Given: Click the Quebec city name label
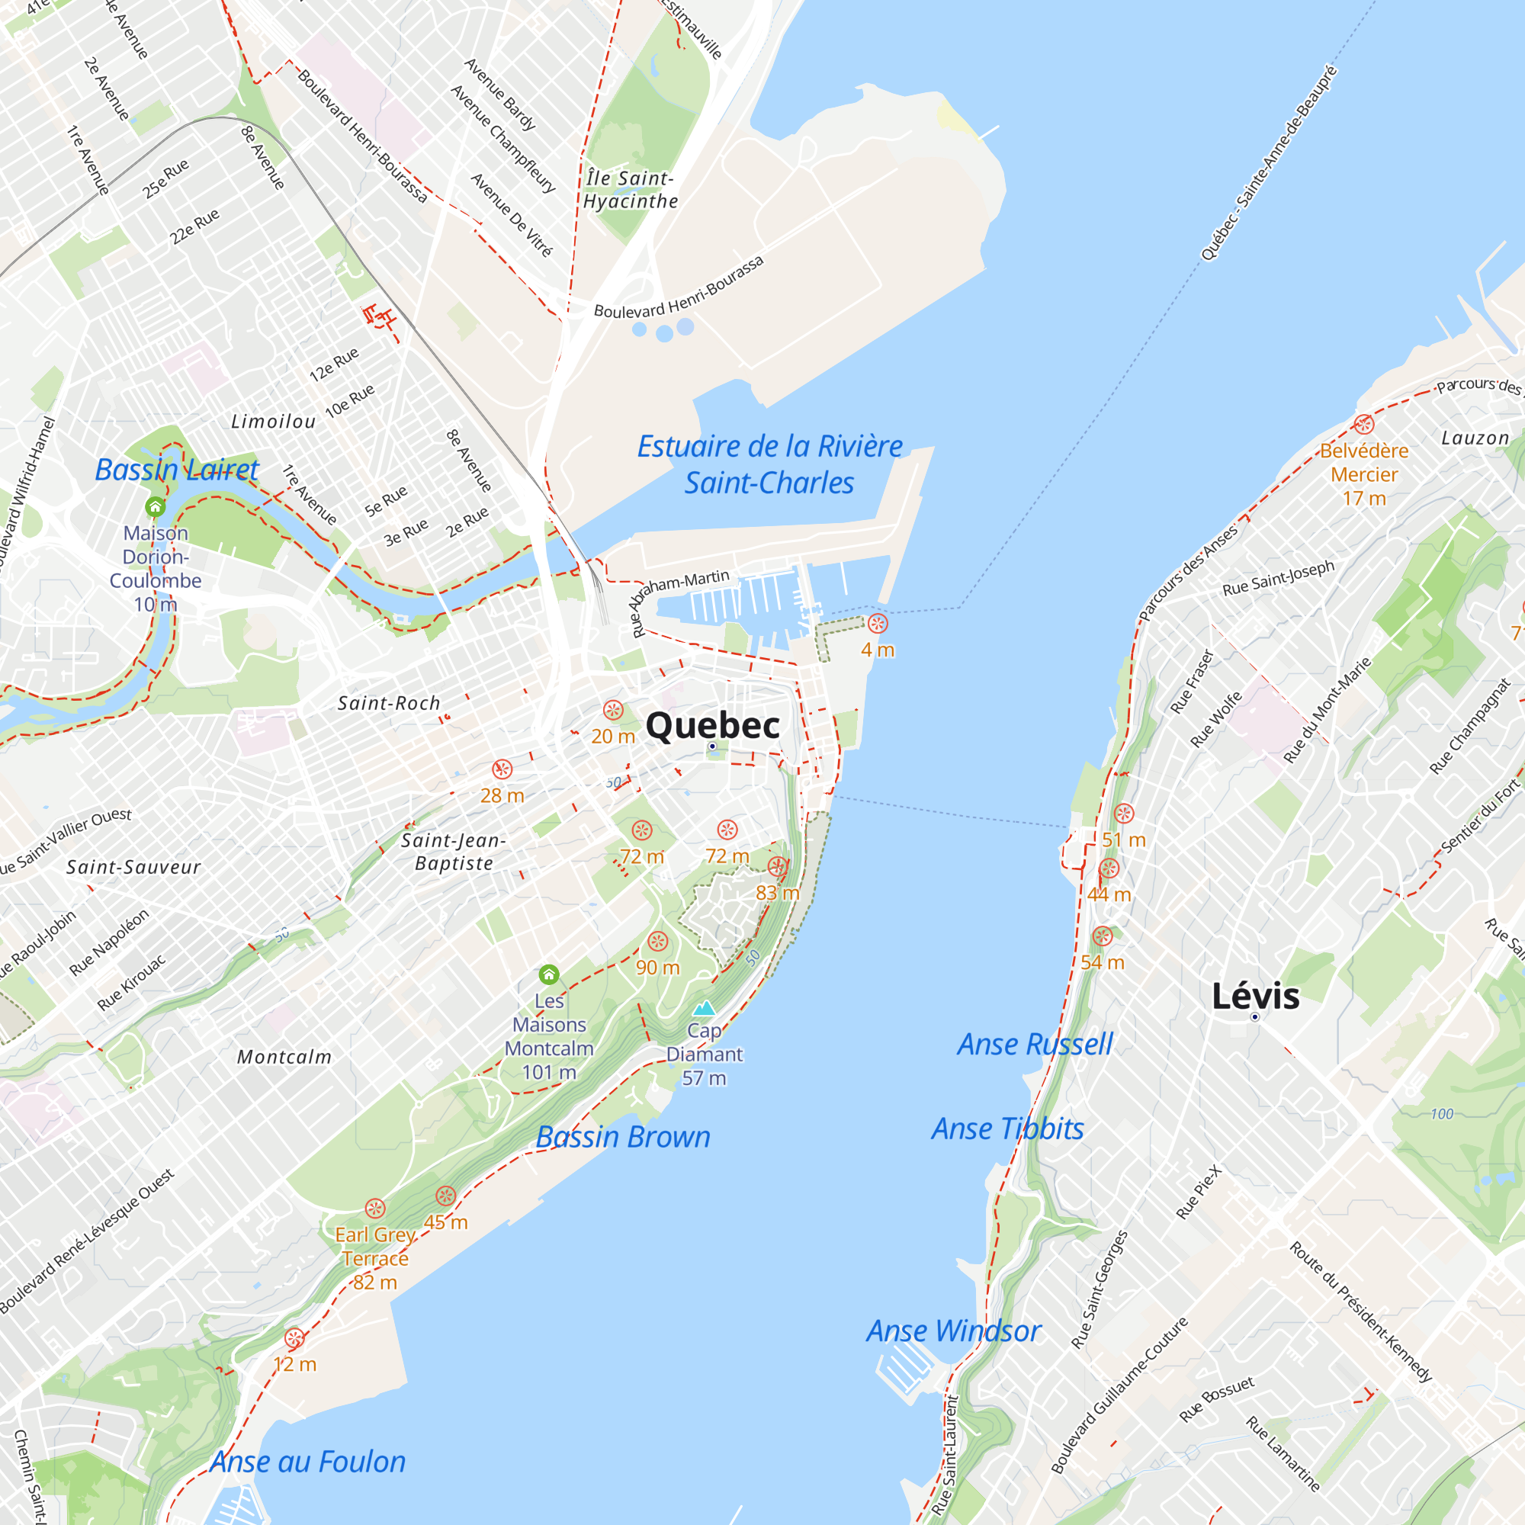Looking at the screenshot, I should (x=712, y=724).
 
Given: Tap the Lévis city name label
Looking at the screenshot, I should (x=1255, y=996).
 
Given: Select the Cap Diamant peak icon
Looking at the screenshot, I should (x=704, y=1008).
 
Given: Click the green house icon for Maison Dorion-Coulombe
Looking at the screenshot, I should (x=156, y=506).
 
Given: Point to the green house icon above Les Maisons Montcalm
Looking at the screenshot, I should (x=549, y=974).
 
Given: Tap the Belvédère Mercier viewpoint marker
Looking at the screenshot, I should (x=1364, y=425).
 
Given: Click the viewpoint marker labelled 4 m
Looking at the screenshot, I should (x=878, y=624).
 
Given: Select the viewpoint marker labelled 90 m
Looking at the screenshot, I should (x=657, y=941).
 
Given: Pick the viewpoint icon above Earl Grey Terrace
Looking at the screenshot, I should (x=375, y=1209).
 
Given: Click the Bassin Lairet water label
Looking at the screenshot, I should (x=177, y=470).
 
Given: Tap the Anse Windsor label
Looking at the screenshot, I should (x=954, y=1331).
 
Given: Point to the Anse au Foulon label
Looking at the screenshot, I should (x=308, y=1462).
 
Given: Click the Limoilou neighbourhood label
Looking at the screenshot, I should (x=273, y=422).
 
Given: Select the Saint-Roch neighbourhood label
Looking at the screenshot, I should (x=388, y=702).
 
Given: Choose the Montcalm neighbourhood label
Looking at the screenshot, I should (x=284, y=1057).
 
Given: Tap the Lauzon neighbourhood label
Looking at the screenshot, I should (x=1475, y=438).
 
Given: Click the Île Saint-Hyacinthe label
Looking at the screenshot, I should (x=630, y=190).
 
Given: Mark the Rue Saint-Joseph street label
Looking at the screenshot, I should (x=1278, y=578).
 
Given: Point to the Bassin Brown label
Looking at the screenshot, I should (x=623, y=1138).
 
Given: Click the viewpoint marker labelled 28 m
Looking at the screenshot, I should (x=502, y=769).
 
